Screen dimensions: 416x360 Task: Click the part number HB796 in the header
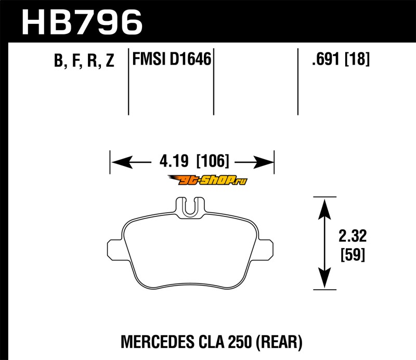(82, 22)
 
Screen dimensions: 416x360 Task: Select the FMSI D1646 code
(172, 59)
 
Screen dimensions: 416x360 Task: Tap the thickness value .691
(326, 59)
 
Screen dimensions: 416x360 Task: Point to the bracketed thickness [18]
(357, 59)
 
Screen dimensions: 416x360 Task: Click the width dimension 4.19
(174, 161)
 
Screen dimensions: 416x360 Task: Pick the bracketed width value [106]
(213, 161)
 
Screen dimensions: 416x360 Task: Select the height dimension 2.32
(353, 236)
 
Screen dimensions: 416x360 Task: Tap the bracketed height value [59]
(353, 254)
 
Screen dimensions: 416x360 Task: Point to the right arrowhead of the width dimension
(263, 162)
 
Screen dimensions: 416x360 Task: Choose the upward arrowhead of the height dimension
(324, 209)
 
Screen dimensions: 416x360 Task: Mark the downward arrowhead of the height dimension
(324, 278)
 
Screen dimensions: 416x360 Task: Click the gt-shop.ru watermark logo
(207, 180)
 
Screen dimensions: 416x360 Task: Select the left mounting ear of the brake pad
(114, 249)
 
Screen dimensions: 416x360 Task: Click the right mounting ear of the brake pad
(265, 249)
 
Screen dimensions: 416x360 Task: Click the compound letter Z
(110, 60)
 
